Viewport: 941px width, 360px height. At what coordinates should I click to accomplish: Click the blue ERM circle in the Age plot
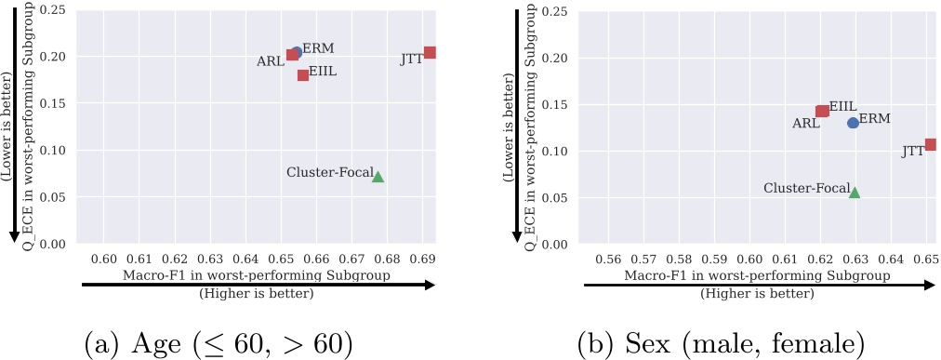pyautogui.click(x=297, y=52)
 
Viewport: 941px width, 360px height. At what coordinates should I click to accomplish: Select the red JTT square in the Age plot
pyautogui.click(x=430, y=53)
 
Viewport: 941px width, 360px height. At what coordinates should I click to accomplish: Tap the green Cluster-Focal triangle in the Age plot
pyautogui.click(x=378, y=176)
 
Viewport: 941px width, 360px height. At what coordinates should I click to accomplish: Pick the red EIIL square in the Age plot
pyautogui.click(x=303, y=75)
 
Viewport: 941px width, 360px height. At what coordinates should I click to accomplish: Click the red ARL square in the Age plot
pyautogui.click(x=292, y=55)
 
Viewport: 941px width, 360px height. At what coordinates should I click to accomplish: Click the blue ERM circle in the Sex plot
pyautogui.click(x=853, y=123)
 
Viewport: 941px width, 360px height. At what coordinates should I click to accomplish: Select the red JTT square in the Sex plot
pyautogui.click(x=930, y=144)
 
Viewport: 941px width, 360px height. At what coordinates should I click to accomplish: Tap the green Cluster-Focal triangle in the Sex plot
pyautogui.click(x=855, y=192)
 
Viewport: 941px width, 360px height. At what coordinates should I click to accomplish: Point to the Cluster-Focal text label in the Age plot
pyautogui.click(x=329, y=172)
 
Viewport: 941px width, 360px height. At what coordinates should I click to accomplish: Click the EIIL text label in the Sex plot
pyautogui.click(x=842, y=106)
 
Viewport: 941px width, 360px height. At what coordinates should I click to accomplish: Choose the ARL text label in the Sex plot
pyautogui.click(x=805, y=122)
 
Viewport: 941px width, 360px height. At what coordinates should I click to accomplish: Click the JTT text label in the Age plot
pyautogui.click(x=411, y=59)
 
